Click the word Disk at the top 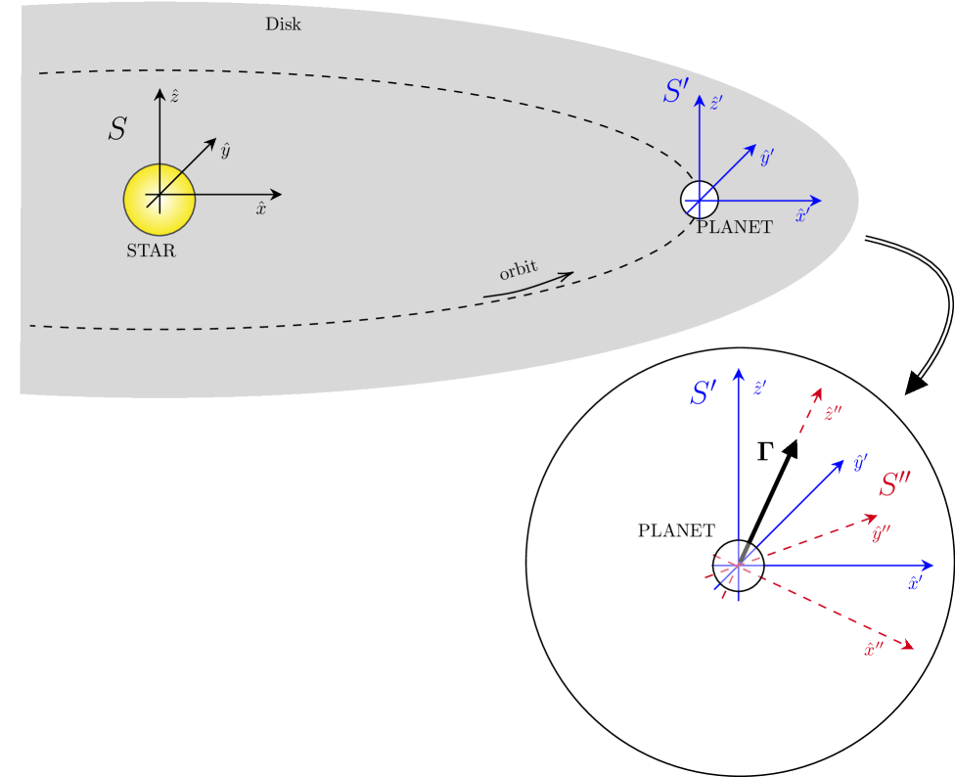[283, 24]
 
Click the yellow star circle [159, 200]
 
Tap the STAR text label [151, 251]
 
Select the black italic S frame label [117, 130]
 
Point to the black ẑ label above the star [174, 95]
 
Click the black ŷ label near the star [225, 150]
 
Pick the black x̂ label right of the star [261, 207]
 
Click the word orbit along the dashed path [519, 270]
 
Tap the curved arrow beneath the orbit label [528, 285]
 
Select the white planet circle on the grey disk [700, 200]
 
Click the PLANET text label [735, 228]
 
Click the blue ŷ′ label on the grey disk [767, 157]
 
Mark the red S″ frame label [895, 484]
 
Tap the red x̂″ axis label [873, 648]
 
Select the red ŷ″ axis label [881, 533]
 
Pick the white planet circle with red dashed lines [738, 566]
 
